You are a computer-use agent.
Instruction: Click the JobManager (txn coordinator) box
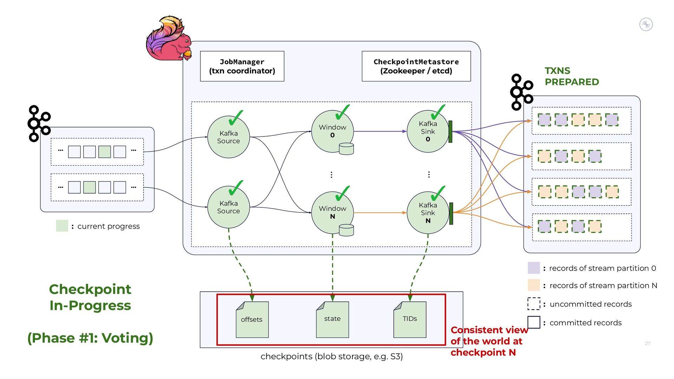[242, 66]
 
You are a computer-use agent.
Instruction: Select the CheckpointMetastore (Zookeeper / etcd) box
[416, 66]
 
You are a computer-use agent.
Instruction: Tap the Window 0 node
[332, 131]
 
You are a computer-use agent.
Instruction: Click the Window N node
[332, 213]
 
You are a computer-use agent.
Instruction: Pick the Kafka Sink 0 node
[428, 132]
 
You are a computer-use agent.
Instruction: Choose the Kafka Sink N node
[428, 213]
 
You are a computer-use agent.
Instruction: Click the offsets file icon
[252, 319]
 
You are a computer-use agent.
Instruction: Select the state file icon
[332, 319]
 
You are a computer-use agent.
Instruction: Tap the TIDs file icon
[410, 319]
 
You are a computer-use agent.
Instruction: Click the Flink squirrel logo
[169, 39]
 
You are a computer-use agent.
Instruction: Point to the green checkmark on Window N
[342, 193]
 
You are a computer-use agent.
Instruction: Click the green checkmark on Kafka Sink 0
[438, 112]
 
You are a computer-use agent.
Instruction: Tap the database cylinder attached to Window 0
[346, 149]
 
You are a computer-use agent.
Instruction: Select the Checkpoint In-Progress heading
[90, 297]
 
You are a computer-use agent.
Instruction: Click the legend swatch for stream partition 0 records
[534, 268]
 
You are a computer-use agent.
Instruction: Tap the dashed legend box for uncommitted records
[534, 304]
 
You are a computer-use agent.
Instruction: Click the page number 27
[648, 344]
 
